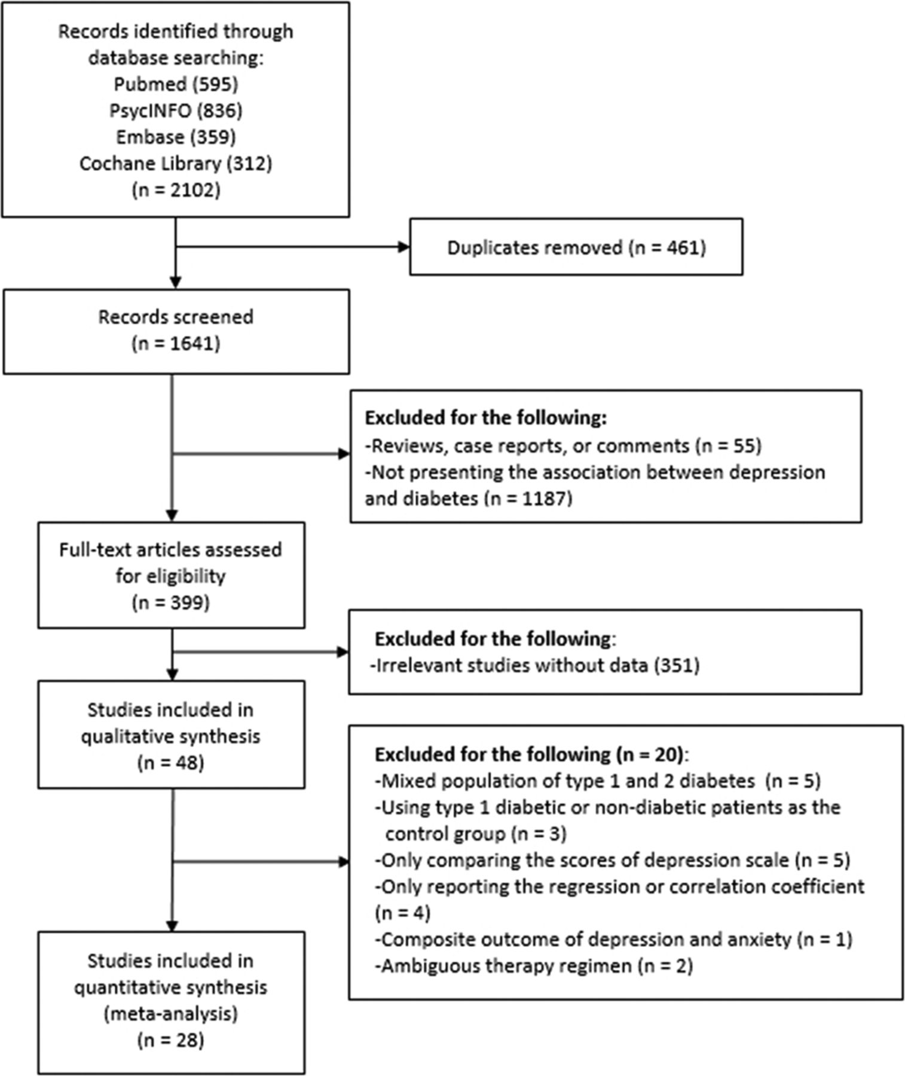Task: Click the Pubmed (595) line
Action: click(176, 84)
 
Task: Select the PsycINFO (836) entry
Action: click(176, 111)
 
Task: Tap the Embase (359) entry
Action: click(176, 137)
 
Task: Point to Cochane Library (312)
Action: click(176, 163)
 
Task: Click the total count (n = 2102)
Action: click(176, 190)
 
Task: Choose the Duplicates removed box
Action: click(576, 247)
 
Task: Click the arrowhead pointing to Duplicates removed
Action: click(403, 246)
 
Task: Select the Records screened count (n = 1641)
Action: click(176, 344)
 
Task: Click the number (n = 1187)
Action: click(525, 498)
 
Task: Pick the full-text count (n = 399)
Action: click(171, 603)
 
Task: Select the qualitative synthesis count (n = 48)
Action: click(171, 763)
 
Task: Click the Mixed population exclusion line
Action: click(598, 781)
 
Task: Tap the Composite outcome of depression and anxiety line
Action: click(613, 939)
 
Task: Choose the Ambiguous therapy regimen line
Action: click(534, 965)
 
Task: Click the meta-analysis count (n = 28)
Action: click(171, 1040)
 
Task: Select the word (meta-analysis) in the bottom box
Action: click(171, 1014)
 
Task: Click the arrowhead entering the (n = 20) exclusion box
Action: click(343, 861)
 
